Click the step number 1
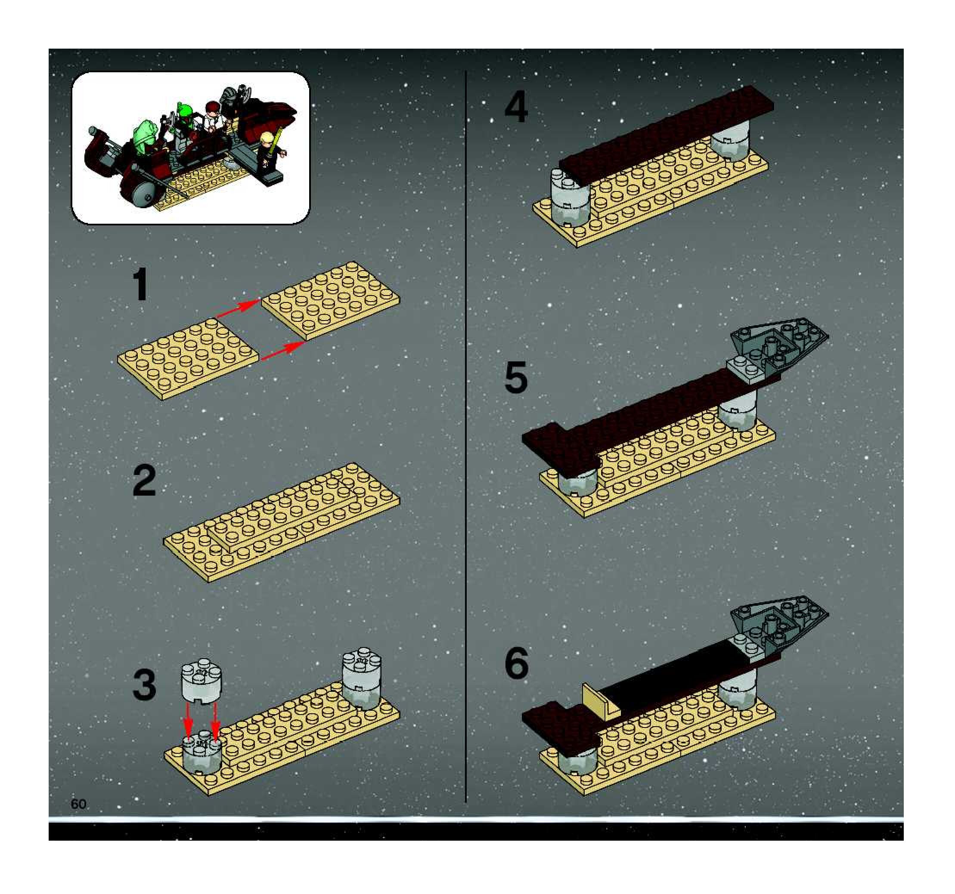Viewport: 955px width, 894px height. tap(141, 285)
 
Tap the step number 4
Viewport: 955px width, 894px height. tap(516, 108)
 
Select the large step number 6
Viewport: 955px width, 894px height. tap(516, 663)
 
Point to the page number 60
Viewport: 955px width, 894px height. tap(78, 804)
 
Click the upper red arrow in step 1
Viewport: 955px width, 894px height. tap(238, 308)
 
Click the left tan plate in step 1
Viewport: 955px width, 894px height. tap(188, 358)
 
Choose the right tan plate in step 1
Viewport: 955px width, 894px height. tap(330, 300)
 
